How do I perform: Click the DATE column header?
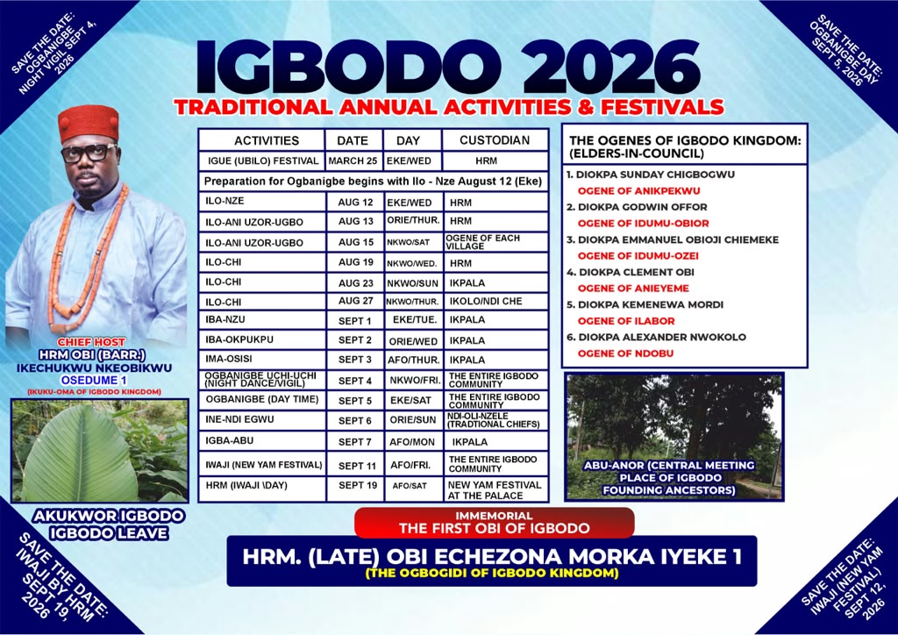pos(353,140)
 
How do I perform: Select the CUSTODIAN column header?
pos(495,140)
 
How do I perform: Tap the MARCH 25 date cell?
pos(353,161)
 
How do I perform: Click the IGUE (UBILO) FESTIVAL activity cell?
pos(262,161)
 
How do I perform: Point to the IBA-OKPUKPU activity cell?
pos(262,339)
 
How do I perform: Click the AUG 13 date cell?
pos(355,221)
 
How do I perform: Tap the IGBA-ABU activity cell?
pos(262,441)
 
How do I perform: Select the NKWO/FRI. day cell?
pos(412,380)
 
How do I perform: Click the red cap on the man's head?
pos(89,123)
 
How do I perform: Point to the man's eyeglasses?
pos(88,153)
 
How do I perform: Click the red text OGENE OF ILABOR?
pos(626,321)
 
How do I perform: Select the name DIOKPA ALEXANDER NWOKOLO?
pos(662,338)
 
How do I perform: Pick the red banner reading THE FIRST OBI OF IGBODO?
pos(495,523)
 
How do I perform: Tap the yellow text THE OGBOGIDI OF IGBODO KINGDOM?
pos(492,573)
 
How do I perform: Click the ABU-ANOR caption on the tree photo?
pos(669,477)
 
